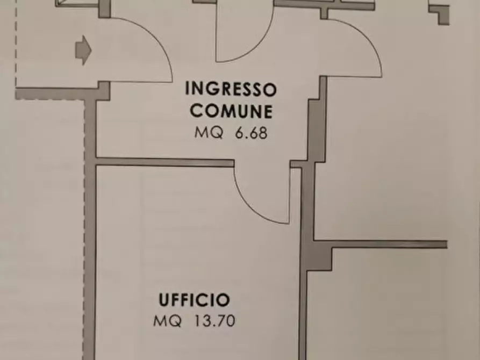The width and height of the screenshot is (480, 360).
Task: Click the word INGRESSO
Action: tap(231, 88)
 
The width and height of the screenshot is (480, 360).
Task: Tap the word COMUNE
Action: tap(231, 111)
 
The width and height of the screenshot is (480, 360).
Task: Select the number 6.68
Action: tap(251, 133)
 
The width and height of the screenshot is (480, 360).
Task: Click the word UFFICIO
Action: tap(194, 300)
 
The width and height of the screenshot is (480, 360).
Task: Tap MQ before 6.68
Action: tap(208, 133)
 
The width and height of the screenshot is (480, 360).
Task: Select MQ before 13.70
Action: tap(167, 322)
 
